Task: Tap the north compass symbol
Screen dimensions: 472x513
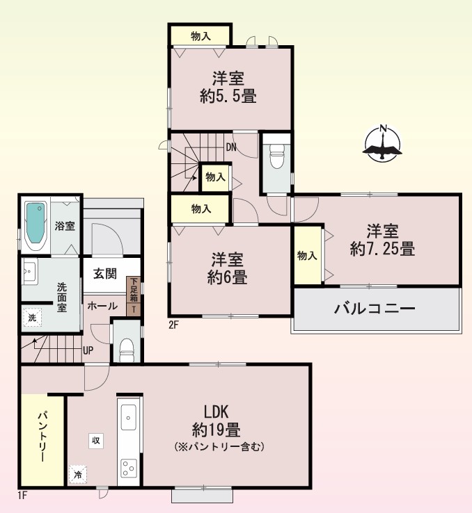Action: (382, 143)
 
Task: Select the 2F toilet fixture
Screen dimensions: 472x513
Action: (277, 156)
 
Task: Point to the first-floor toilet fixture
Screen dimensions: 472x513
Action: (127, 350)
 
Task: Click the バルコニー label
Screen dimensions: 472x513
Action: (375, 309)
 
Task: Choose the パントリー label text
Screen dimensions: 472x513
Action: (42, 437)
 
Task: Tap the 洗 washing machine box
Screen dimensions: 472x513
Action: (32, 318)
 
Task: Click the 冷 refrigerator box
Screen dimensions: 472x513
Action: (78, 474)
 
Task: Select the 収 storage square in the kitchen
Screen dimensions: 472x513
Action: (95, 441)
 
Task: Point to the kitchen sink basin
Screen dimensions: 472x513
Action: (128, 418)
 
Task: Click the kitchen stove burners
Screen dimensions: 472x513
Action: (128, 469)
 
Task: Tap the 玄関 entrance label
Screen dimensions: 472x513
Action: (105, 273)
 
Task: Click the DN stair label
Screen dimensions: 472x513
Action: (231, 147)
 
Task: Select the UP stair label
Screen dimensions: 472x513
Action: (88, 351)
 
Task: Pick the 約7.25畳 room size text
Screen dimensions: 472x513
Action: (382, 249)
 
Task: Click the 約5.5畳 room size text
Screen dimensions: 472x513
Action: (228, 96)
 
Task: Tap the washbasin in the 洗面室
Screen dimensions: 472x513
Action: (29, 271)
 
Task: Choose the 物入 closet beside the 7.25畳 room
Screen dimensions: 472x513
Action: (307, 255)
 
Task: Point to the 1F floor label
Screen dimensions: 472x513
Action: (22, 496)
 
